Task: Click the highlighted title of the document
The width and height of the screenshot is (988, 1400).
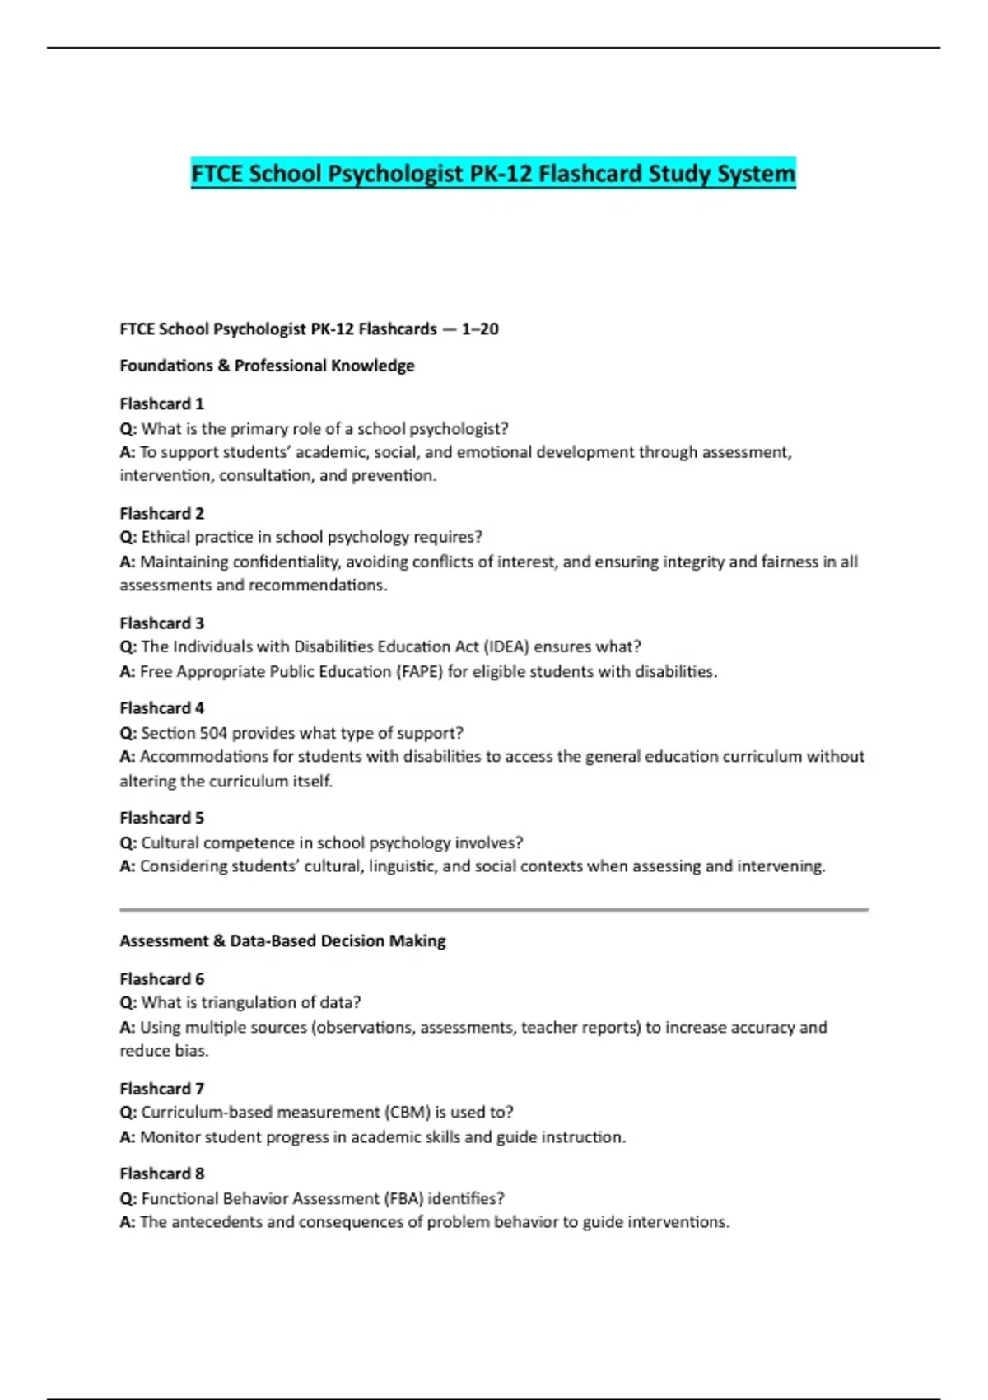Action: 493,174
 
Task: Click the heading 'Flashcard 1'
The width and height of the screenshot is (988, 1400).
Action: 161,404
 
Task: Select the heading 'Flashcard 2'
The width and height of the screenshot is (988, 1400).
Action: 161,513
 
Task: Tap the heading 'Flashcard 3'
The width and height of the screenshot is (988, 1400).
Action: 161,623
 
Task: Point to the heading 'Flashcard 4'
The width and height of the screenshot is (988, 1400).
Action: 161,708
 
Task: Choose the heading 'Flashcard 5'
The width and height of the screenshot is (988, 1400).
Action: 161,818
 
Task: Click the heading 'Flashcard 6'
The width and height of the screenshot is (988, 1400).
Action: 161,978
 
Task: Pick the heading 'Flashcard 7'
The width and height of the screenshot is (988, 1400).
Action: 161,1088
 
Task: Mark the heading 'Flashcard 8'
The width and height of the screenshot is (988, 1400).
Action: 161,1174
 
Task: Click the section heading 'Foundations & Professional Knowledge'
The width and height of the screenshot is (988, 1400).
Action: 267,366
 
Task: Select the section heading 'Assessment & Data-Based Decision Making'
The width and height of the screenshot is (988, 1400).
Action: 282,940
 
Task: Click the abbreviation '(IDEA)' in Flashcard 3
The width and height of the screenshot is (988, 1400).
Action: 506,647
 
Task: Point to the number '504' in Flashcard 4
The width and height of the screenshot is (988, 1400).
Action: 212,733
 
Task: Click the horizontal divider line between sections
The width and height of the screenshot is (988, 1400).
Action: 494,910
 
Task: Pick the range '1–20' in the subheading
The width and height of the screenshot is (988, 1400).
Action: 479,329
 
